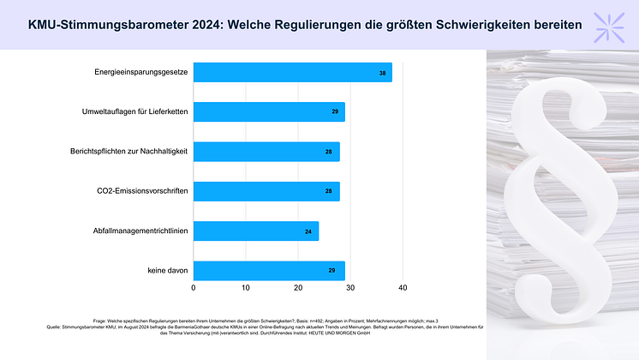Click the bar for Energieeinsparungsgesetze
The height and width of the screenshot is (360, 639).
(x=292, y=73)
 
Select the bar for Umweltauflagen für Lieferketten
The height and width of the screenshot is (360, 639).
(x=269, y=112)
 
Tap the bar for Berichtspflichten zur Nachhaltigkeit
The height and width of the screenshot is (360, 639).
(x=266, y=152)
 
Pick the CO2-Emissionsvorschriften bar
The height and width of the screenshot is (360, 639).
(x=266, y=191)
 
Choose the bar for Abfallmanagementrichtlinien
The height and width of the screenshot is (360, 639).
(x=256, y=231)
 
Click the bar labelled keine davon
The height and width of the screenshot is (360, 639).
(x=269, y=271)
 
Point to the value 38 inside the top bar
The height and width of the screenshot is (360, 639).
(x=382, y=74)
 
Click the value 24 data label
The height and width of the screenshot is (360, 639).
(x=308, y=231)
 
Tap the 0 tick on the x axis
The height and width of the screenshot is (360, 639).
(x=194, y=288)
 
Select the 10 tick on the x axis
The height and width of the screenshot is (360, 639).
(x=246, y=288)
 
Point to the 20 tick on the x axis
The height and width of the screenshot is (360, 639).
(x=298, y=288)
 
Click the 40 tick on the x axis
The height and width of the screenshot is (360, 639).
(x=403, y=288)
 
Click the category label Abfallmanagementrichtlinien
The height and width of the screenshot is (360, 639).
(x=140, y=231)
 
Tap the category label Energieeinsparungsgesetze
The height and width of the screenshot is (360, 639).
(x=141, y=73)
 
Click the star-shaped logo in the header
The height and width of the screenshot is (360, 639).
(x=613, y=23)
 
